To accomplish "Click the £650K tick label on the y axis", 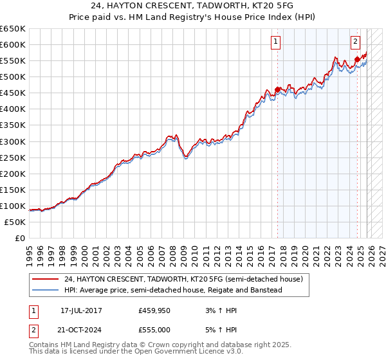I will [13, 29].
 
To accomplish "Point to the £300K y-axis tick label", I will [13, 141].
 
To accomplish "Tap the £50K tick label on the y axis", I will [15, 222].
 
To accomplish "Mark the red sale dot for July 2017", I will [278, 89].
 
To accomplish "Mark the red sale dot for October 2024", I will [357, 59].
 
